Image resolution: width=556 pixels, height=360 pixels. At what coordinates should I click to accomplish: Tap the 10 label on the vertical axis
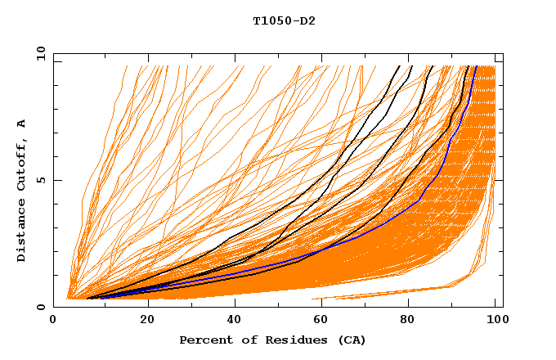coord(38,53)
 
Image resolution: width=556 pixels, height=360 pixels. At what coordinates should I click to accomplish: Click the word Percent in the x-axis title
coord(202,340)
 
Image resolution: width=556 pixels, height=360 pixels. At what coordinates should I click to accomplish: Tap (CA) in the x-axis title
coord(350,340)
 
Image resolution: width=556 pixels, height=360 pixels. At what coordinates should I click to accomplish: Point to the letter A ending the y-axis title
coord(21,123)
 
